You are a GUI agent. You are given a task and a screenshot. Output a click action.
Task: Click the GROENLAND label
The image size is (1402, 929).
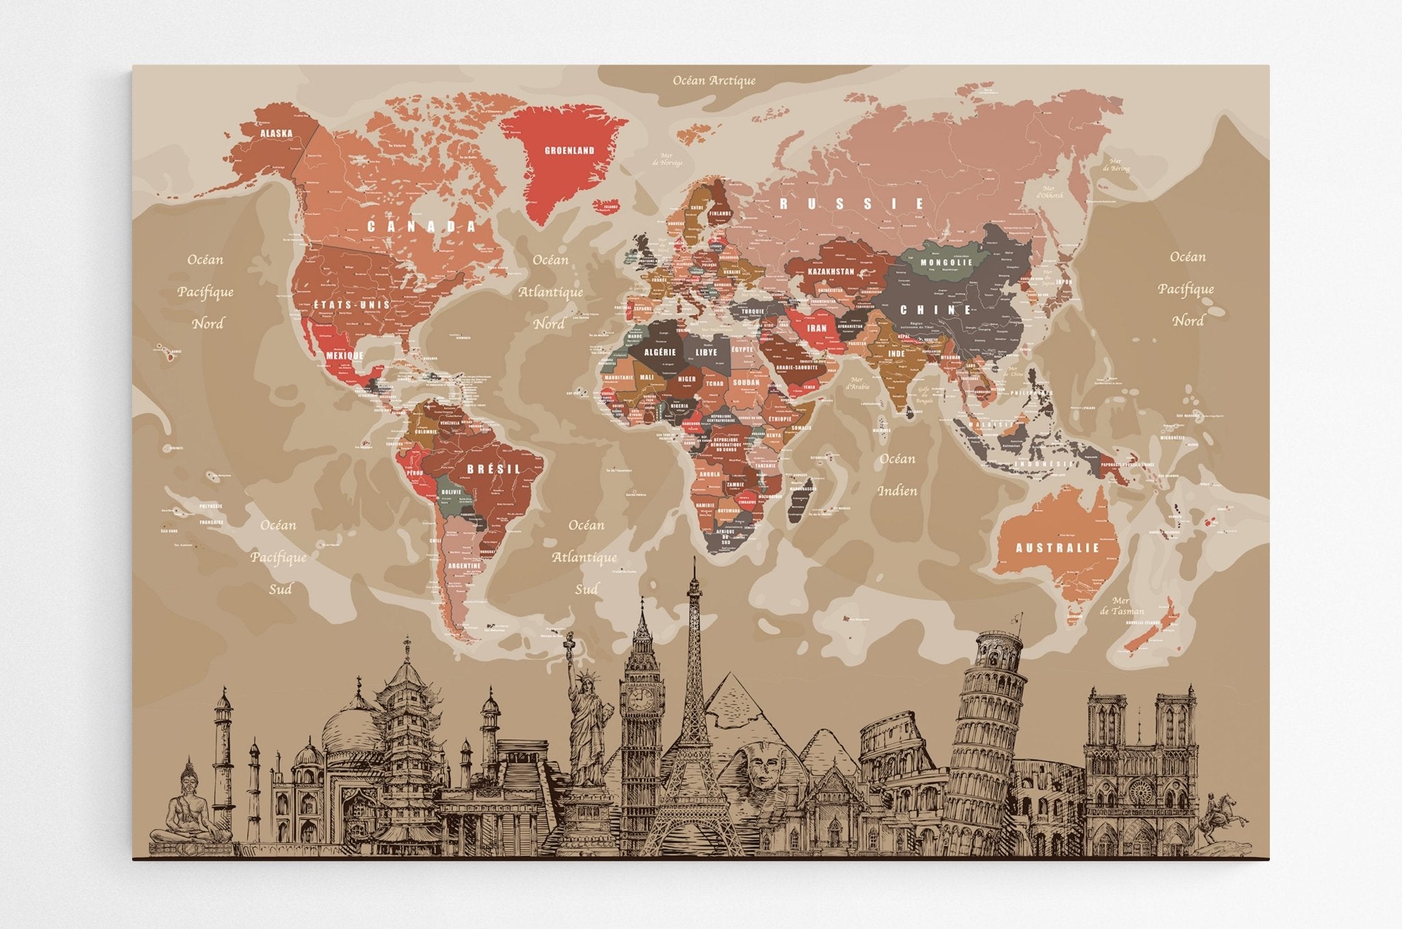tap(569, 151)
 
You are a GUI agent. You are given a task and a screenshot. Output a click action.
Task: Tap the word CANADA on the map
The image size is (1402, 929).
tap(422, 227)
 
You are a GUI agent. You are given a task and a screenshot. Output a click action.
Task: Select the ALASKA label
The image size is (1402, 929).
tap(276, 133)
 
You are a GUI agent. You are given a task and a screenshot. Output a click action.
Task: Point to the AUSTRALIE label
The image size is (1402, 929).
tap(1057, 548)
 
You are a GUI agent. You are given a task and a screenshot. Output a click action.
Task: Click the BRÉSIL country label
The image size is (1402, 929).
tap(494, 470)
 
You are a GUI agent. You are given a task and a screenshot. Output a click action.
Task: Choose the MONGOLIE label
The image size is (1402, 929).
tap(946, 262)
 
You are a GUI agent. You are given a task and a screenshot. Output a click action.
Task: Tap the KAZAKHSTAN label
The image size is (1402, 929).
tap(830, 272)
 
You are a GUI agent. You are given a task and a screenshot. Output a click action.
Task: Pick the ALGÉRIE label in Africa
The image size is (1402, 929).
tap(660, 352)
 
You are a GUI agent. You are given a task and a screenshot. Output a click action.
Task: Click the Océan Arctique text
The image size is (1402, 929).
tap(714, 81)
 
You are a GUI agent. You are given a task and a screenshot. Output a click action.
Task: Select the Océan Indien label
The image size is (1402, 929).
tap(897, 474)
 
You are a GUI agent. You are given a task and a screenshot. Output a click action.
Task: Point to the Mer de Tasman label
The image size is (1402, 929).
tap(1121, 606)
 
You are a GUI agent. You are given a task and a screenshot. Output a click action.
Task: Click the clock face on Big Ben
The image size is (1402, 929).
tap(641, 698)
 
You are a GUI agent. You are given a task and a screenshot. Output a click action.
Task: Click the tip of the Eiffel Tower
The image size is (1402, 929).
tap(694, 560)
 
